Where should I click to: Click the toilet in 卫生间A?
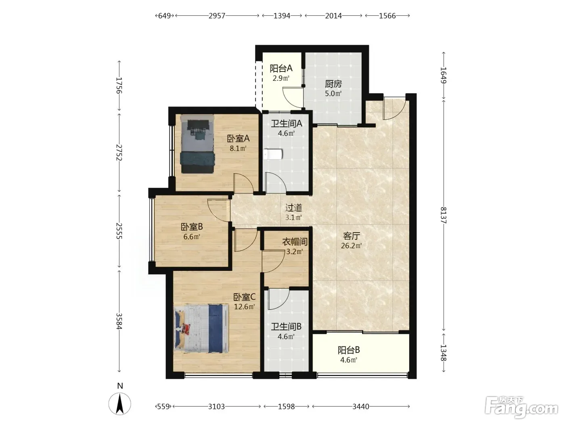[273, 155]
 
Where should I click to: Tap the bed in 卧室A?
[197, 144]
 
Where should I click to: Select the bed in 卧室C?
[201, 328]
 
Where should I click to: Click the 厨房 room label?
[333, 84]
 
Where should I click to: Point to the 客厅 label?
[352, 236]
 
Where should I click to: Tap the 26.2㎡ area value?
[352, 246]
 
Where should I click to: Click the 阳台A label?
[281, 69]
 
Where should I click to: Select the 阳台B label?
[349, 350]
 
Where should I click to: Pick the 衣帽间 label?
[295, 242]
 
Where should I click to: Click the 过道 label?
[294, 208]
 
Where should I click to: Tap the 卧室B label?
[192, 227]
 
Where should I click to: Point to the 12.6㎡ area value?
[245, 307]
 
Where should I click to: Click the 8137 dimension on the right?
[443, 215]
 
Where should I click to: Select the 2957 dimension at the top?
[217, 16]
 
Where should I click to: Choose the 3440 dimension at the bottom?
[361, 407]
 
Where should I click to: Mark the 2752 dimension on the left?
[119, 152]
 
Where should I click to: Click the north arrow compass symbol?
[120, 404]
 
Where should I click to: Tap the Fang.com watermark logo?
[521, 407]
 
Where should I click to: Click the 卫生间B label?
[286, 327]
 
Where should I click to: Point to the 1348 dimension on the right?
[443, 353]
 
